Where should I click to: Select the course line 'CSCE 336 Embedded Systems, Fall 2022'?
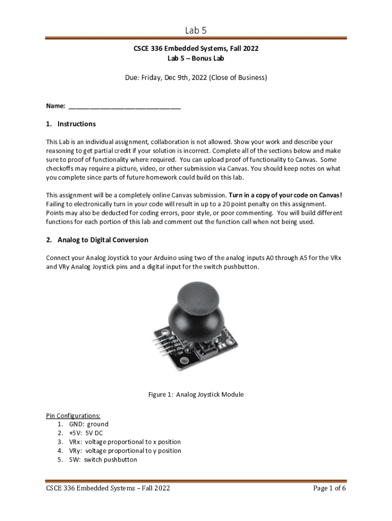pyautogui.click(x=196, y=49)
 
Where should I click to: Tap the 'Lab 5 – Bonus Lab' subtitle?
pyautogui.click(x=196, y=58)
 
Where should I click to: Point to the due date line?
pyautogui.click(x=196, y=78)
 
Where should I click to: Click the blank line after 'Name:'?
pyautogui.click(x=124, y=106)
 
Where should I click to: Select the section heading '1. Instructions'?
pyautogui.click(x=71, y=124)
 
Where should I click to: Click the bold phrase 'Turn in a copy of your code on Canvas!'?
pyautogui.click(x=286, y=195)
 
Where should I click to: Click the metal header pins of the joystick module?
pyautogui.click(x=161, y=340)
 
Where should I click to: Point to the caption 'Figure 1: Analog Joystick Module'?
pyautogui.click(x=196, y=394)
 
